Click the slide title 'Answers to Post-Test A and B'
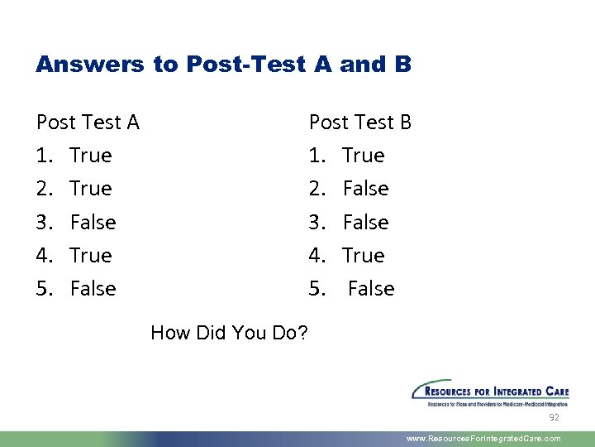[x=223, y=65]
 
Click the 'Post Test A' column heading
[x=88, y=123]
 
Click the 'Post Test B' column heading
[x=359, y=123]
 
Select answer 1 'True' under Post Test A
[x=91, y=156]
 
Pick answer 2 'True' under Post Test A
[x=91, y=189]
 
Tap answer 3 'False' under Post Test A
[x=93, y=222]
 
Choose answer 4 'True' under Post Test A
[x=91, y=255]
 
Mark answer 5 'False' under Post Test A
[x=93, y=289]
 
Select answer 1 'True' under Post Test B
[x=364, y=156]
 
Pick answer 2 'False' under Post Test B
[x=365, y=189]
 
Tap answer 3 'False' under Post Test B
[x=365, y=222]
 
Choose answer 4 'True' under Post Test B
[x=364, y=255]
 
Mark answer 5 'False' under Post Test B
[x=371, y=289]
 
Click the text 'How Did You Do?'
[x=230, y=333]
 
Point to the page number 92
[x=555, y=418]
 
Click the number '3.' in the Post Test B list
[x=317, y=222]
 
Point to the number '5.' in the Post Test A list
[x=45, y=289]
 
